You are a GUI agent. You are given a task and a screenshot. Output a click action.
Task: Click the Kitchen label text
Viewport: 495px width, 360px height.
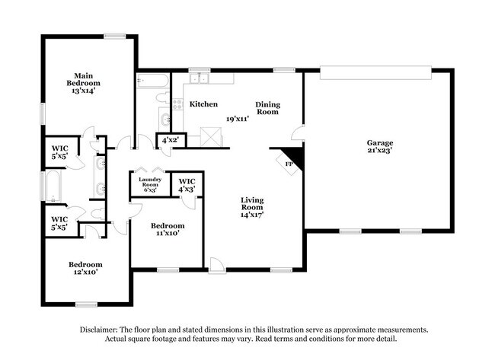[x=203, y=104]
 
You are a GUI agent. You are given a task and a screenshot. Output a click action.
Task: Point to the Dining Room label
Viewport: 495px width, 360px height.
[x=267, y=108]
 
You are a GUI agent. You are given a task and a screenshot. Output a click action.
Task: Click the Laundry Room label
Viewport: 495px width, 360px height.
[x=148, y=183]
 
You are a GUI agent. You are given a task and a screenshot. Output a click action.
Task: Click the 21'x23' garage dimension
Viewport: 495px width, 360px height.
[x=379, y=151]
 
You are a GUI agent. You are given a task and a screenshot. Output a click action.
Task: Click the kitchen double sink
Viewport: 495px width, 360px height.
[x=200, y=78]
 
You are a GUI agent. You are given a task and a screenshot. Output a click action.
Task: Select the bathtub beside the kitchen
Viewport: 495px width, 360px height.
[x=152, y=80]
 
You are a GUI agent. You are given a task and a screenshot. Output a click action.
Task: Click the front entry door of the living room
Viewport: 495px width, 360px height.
[x=219, y=266]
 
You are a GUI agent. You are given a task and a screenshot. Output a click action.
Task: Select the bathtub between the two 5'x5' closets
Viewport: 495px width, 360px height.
[x=53, y=186]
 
